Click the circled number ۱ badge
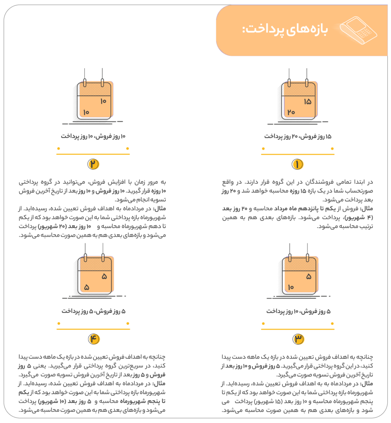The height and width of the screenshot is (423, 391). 298,164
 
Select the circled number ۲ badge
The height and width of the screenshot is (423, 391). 93,164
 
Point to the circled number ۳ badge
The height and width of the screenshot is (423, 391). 298,339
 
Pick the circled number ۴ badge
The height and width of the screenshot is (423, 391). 93,339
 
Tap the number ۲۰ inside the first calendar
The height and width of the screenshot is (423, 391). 291,112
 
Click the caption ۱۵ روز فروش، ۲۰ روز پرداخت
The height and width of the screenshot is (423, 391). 298,136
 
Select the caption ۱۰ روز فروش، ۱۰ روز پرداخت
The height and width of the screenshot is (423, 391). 93,136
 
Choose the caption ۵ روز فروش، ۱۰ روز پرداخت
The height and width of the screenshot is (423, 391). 298,311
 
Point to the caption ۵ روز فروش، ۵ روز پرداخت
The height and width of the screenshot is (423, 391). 93,311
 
